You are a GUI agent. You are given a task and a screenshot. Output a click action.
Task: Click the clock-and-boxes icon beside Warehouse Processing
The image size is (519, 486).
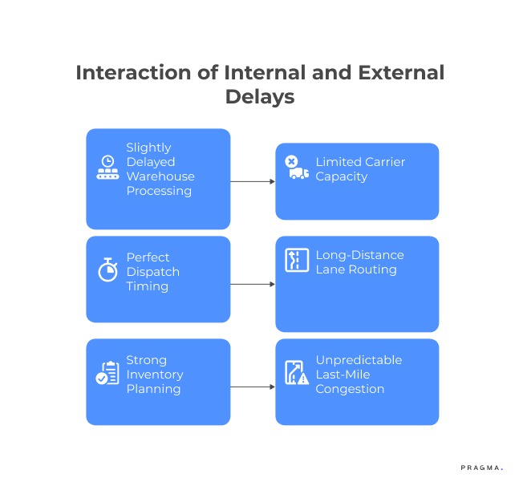coord(107,168)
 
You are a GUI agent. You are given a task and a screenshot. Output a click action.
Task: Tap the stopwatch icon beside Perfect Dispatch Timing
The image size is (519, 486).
coord(107,269)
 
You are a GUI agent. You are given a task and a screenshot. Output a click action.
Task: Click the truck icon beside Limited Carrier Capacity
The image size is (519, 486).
coord(297,168)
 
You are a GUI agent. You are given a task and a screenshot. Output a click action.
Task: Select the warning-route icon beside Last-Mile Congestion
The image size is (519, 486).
coord(297,373)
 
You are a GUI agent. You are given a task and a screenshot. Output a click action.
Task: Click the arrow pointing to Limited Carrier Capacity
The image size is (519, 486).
coord(253,181)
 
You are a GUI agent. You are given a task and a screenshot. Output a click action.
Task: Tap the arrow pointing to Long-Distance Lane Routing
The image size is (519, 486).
coord(253,284)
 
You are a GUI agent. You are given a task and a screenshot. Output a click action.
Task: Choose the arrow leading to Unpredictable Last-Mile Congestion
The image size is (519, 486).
coord(253,387)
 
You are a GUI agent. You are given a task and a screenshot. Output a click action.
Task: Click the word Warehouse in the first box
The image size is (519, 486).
coord(160,176)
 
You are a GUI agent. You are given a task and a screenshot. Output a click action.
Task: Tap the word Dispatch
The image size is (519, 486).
coord(152,272)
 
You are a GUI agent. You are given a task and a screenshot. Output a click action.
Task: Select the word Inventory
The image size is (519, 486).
coord(155,375)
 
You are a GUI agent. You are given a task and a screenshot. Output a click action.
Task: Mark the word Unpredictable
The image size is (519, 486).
coord(359,360)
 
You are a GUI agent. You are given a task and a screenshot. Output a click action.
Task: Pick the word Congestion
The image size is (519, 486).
coord(350,389)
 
